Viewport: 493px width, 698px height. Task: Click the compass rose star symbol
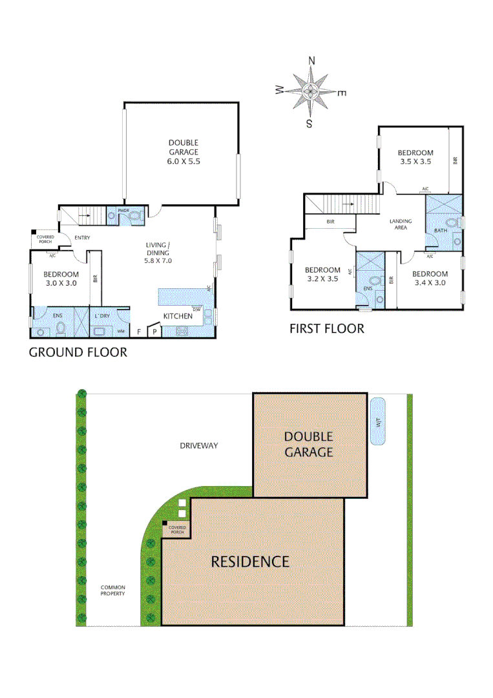pyautogui.click(x=311, y=91)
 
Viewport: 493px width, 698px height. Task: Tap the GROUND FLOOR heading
pyautogui.click(x=78, y=352)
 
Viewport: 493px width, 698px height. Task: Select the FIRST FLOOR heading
pyautogui.click(x=326, y=329)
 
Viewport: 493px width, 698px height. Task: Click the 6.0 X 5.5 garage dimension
pyautogui.click(x=184, y=162)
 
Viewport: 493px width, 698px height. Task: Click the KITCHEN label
pyautogui.click(x=178, y=316)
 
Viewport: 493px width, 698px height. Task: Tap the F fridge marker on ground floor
pyautogui.click(x=138, y=332)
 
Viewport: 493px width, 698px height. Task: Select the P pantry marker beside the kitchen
pyautogui.click(x=154, y=332)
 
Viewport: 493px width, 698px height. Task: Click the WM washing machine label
pyautogui.click(x=121, y=332)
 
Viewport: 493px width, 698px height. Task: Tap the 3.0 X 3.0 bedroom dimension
pyautogui.click(x=61, y=283)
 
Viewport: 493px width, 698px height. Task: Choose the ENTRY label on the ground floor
pyautogui.click(x=82, y=237)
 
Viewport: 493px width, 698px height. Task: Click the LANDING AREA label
pyautogui.click(x=400, y=224)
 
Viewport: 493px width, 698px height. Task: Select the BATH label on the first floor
pyautogui.click(x=441, y=230)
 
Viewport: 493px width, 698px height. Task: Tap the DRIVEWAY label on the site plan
pyautogui.click(x=198, y=445)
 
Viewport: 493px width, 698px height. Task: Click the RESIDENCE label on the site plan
pyautogui.click(x=250, y=561)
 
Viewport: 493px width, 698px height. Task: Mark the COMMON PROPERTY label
pyautogui.click(x=112, y=590)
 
